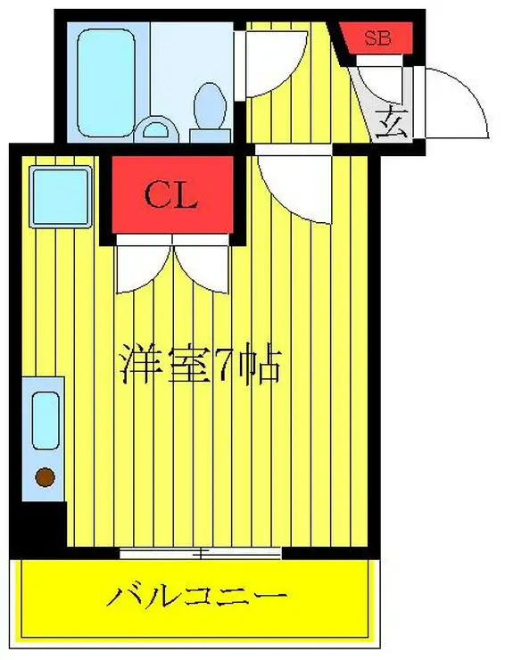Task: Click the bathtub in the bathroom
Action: pyautogui.click(x=107, y=77)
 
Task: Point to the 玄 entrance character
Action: pyautogui.click(x=390, y=120)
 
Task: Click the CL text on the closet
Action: pyautogui.click(x=170, y=196)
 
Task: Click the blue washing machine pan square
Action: pyautogui.click(x=60, y=195)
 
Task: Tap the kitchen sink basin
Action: pyautogui.click(x=45, y=420)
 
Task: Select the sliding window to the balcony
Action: pyautogui.click(x=202, y=553)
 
